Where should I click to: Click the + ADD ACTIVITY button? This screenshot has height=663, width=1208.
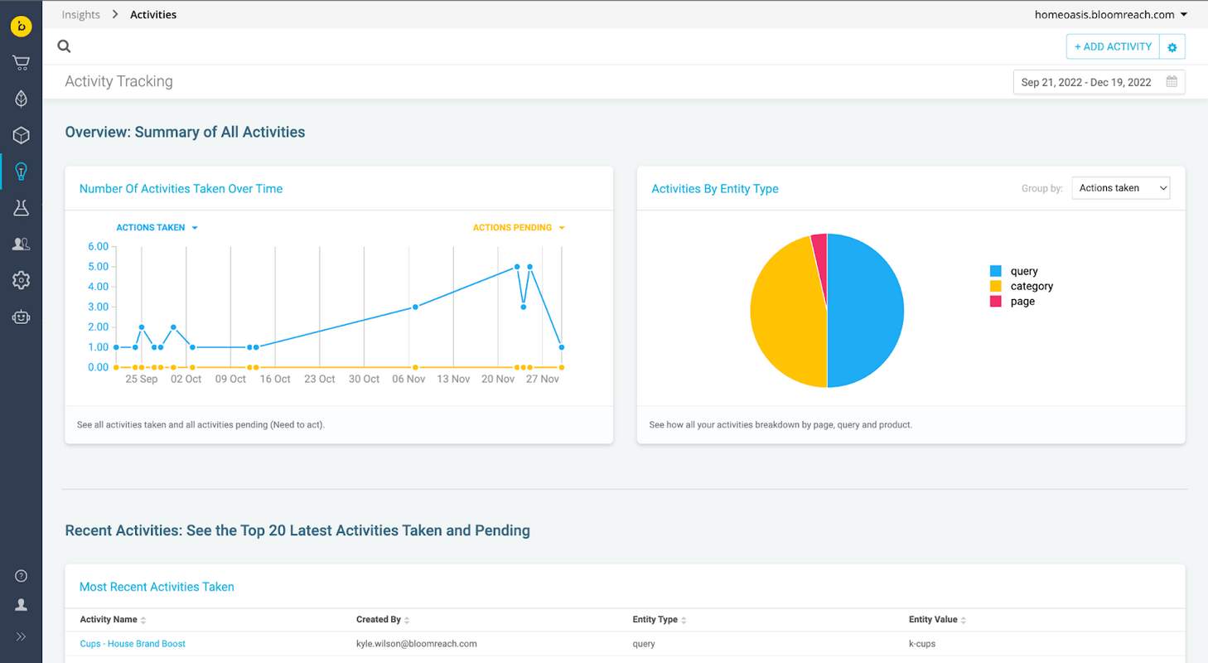(x=1113, y=47)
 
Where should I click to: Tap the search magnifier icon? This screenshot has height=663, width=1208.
(x=64, y=47)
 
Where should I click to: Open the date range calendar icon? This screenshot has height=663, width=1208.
(x=1172, y=82)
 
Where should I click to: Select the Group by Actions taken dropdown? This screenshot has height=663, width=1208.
(x=1120, y=188)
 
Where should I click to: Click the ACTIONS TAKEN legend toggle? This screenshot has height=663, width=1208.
(x=157, y=228)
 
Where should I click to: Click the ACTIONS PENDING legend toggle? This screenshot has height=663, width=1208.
(x=518, y=228)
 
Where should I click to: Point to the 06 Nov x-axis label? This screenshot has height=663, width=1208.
(x=408, y=379)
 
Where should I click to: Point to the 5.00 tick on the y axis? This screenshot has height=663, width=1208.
(x=98, y=267)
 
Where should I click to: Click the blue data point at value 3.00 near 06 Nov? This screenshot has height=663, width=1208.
(x=415, y=307)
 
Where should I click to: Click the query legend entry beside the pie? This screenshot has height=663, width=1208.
(x=1023, y=271)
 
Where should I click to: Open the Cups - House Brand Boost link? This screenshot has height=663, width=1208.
(x=133, y=644)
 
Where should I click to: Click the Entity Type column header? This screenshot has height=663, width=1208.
(x=655, y=620)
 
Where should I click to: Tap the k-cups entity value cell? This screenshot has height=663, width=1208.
(x=922, y=644)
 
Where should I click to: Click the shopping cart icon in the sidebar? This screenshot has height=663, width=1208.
(x=21, y=63)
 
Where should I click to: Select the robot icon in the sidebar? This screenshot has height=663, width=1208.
(x=21, y=317)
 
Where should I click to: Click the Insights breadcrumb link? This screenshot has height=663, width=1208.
(x=80, y=15)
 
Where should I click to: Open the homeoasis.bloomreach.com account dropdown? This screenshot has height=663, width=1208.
(x=1110, y=15)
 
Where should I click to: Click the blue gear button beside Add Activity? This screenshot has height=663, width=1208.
(x=1172, y=47)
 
